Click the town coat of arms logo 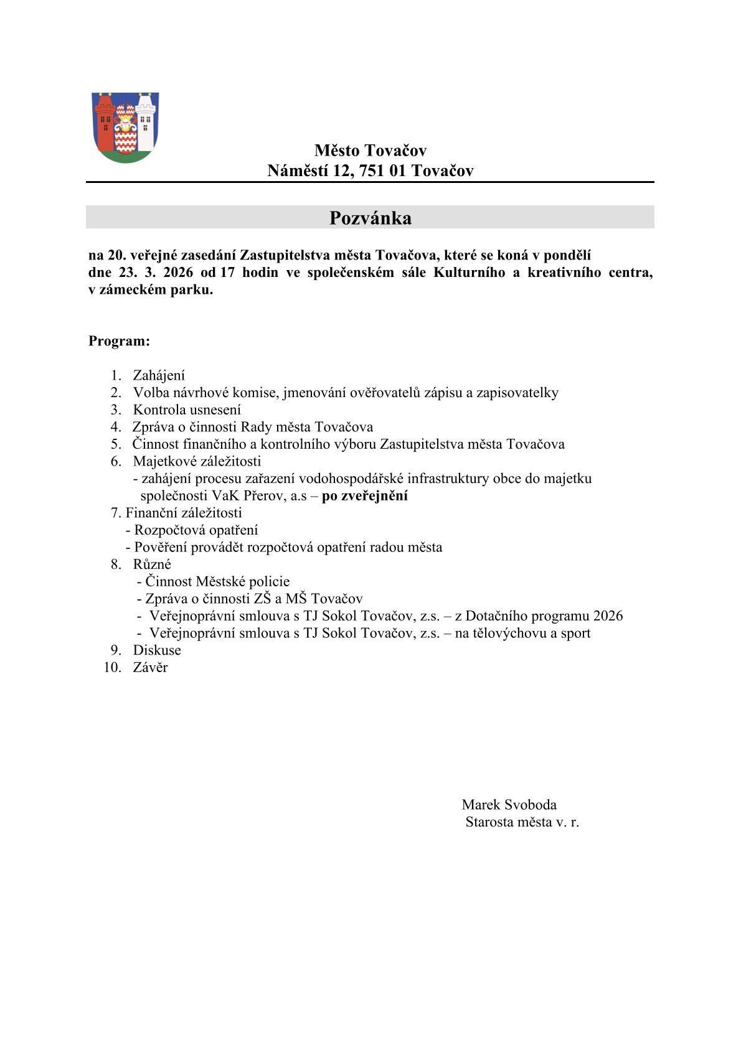click(x=125, y=127)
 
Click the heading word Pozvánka click(x=370, y=218)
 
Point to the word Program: click(x=119, y=341)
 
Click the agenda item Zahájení click(x=159, y=375)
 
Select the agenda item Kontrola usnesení click(x=187, y=409)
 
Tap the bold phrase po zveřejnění click(x=365, y=496)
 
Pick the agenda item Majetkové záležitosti click(x=197, y=461)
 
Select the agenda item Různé click(x=152, y=564)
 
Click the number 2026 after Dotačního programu click(x=608, y=615)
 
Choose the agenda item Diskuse click(x=157, y=650)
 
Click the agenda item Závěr click(x=150, y=667)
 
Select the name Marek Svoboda click(x=509, y=805)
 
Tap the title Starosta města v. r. click(x=522, y=821)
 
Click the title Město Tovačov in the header click(x=370, y=150)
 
